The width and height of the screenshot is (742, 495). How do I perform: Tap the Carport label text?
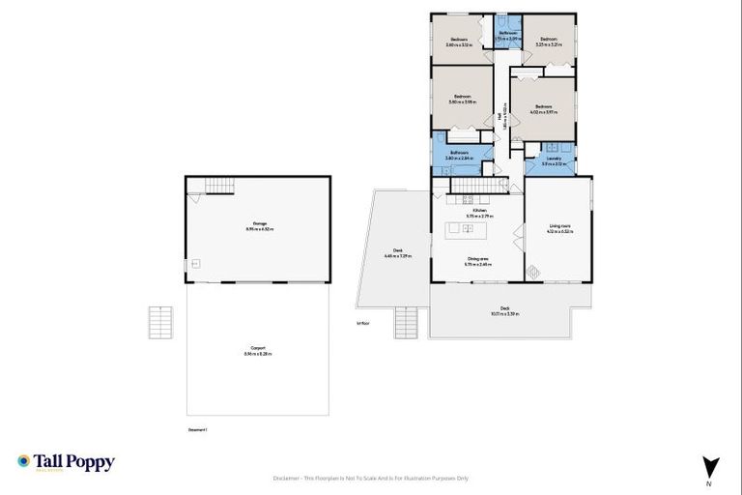[258, 350]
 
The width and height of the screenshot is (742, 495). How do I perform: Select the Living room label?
[559, 228]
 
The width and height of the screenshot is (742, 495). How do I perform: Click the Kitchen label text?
[480, 213]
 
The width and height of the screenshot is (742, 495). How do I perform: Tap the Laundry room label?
[554, 160]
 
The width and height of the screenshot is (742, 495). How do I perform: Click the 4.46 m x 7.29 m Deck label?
[397, 253]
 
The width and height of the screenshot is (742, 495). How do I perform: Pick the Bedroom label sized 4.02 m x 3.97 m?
[542, 109]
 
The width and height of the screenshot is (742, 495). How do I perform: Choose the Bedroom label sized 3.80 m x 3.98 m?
[463, 99]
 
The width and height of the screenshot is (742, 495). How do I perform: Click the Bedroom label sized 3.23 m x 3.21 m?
[549, 42]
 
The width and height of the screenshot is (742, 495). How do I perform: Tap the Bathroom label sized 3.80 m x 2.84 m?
[458, 154]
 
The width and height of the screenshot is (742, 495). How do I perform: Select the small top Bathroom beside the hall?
[508, 35]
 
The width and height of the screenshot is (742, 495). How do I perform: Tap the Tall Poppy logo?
[66, 463]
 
